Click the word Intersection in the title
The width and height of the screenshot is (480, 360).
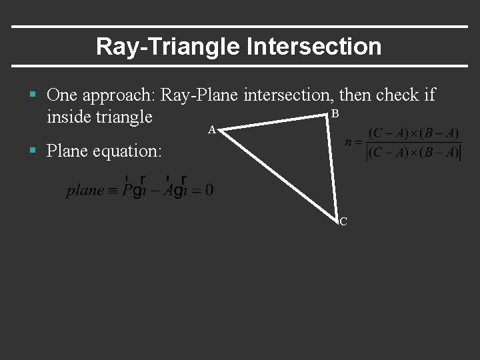click(x=313, y=47)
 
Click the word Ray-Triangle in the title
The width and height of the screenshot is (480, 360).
click(x=168, y=47)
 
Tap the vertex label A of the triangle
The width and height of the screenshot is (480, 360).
click(x=211, y=130)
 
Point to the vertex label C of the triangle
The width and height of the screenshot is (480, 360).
click(x=343, y=221)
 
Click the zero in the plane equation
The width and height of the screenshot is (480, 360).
click(x=209, y=190)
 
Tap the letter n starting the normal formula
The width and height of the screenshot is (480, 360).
click(x=349, y=142)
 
